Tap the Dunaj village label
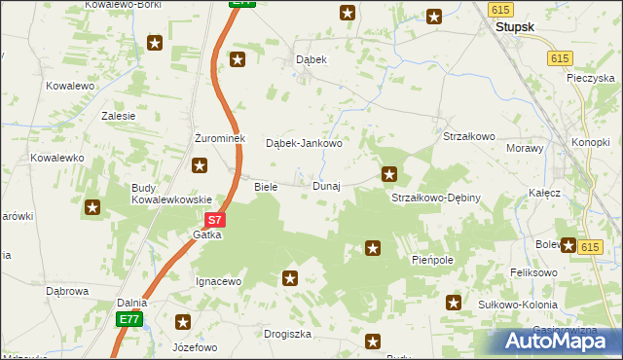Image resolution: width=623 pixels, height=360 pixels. pos(326,186)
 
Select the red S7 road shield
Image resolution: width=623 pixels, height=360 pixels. pos(216,221)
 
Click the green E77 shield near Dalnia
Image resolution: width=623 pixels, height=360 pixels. pos(130,319)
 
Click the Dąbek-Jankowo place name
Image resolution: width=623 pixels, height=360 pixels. pos(305,144)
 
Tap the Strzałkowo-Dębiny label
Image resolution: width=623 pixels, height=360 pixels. pos(436,198)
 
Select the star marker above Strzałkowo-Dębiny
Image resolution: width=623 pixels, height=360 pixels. pos(389,175)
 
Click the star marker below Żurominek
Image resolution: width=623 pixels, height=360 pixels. pos(200,165)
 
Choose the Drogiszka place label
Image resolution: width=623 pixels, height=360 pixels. pos(287,334)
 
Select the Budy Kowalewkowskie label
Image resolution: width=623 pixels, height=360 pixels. pos(172,194)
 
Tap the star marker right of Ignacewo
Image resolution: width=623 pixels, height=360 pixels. pos(289,279)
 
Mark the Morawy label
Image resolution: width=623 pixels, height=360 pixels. pos(526,149)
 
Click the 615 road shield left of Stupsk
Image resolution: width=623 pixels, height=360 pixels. pos(500,9)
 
